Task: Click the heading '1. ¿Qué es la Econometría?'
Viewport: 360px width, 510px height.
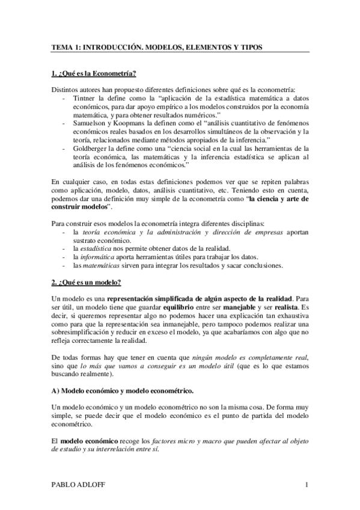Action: tap(94, 75)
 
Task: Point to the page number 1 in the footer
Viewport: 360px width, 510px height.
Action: tap(307, 485)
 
